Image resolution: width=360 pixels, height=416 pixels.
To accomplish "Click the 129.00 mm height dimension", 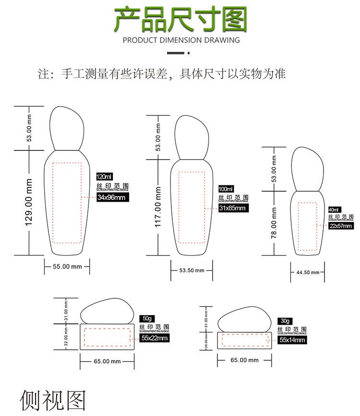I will coord(29,203).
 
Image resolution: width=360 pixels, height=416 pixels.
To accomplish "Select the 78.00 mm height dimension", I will coord(274,223).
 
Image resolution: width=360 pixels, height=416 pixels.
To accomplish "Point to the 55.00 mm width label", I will coord(67,266).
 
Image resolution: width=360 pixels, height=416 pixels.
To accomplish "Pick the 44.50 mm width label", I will coord(308,272).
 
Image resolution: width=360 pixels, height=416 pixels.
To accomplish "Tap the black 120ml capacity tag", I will coord(104,177).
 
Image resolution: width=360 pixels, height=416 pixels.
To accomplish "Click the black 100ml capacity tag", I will coord(226,188).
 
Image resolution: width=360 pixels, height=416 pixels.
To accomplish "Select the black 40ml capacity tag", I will coord(334,209).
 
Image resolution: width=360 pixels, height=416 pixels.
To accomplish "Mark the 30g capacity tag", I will coord(285,320).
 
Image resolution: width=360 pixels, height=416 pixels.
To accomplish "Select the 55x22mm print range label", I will coord(155,338).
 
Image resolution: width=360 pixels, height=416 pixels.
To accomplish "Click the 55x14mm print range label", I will coord(292,340).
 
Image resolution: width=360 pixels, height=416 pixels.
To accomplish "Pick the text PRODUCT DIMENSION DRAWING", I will coord(181,40).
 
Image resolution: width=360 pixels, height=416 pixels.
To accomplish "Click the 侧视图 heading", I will coord(53,400).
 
